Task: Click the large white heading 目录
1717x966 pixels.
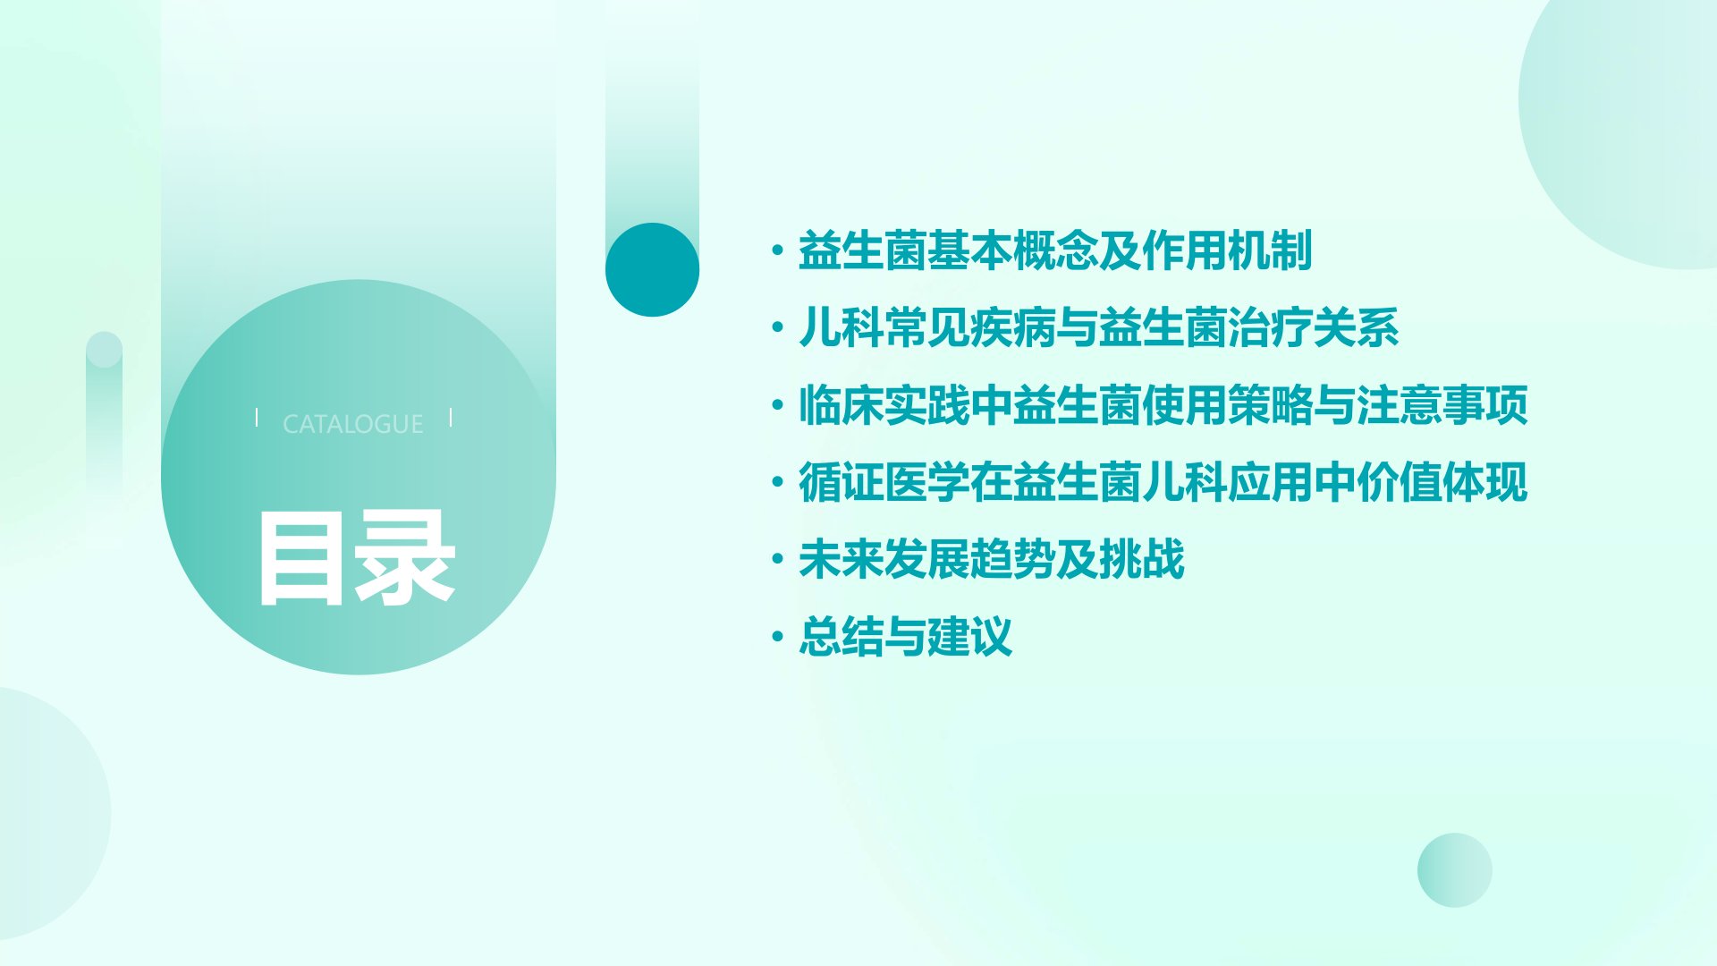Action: (357, 559)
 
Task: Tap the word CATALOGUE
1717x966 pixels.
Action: (353, 424)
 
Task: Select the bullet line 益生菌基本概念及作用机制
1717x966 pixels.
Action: (1055, 250)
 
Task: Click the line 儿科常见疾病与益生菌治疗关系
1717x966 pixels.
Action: (1098, 327)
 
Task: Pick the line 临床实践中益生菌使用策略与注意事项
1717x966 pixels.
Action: (1163, 405)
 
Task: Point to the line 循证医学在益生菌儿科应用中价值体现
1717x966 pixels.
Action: (1163, 483)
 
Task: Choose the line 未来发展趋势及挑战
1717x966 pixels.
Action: (991, 560)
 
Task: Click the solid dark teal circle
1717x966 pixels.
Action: (652, 269)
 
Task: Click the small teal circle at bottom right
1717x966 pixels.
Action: (1455, 870)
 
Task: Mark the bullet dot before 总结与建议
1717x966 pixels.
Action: (777, 638)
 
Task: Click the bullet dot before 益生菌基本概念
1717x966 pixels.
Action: (777, 250)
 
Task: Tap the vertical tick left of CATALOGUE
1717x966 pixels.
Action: (257, 417)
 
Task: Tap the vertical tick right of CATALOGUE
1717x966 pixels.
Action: (451, 417)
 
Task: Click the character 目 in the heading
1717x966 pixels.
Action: (300, 559)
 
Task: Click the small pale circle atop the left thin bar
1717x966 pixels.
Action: (104, 350)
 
